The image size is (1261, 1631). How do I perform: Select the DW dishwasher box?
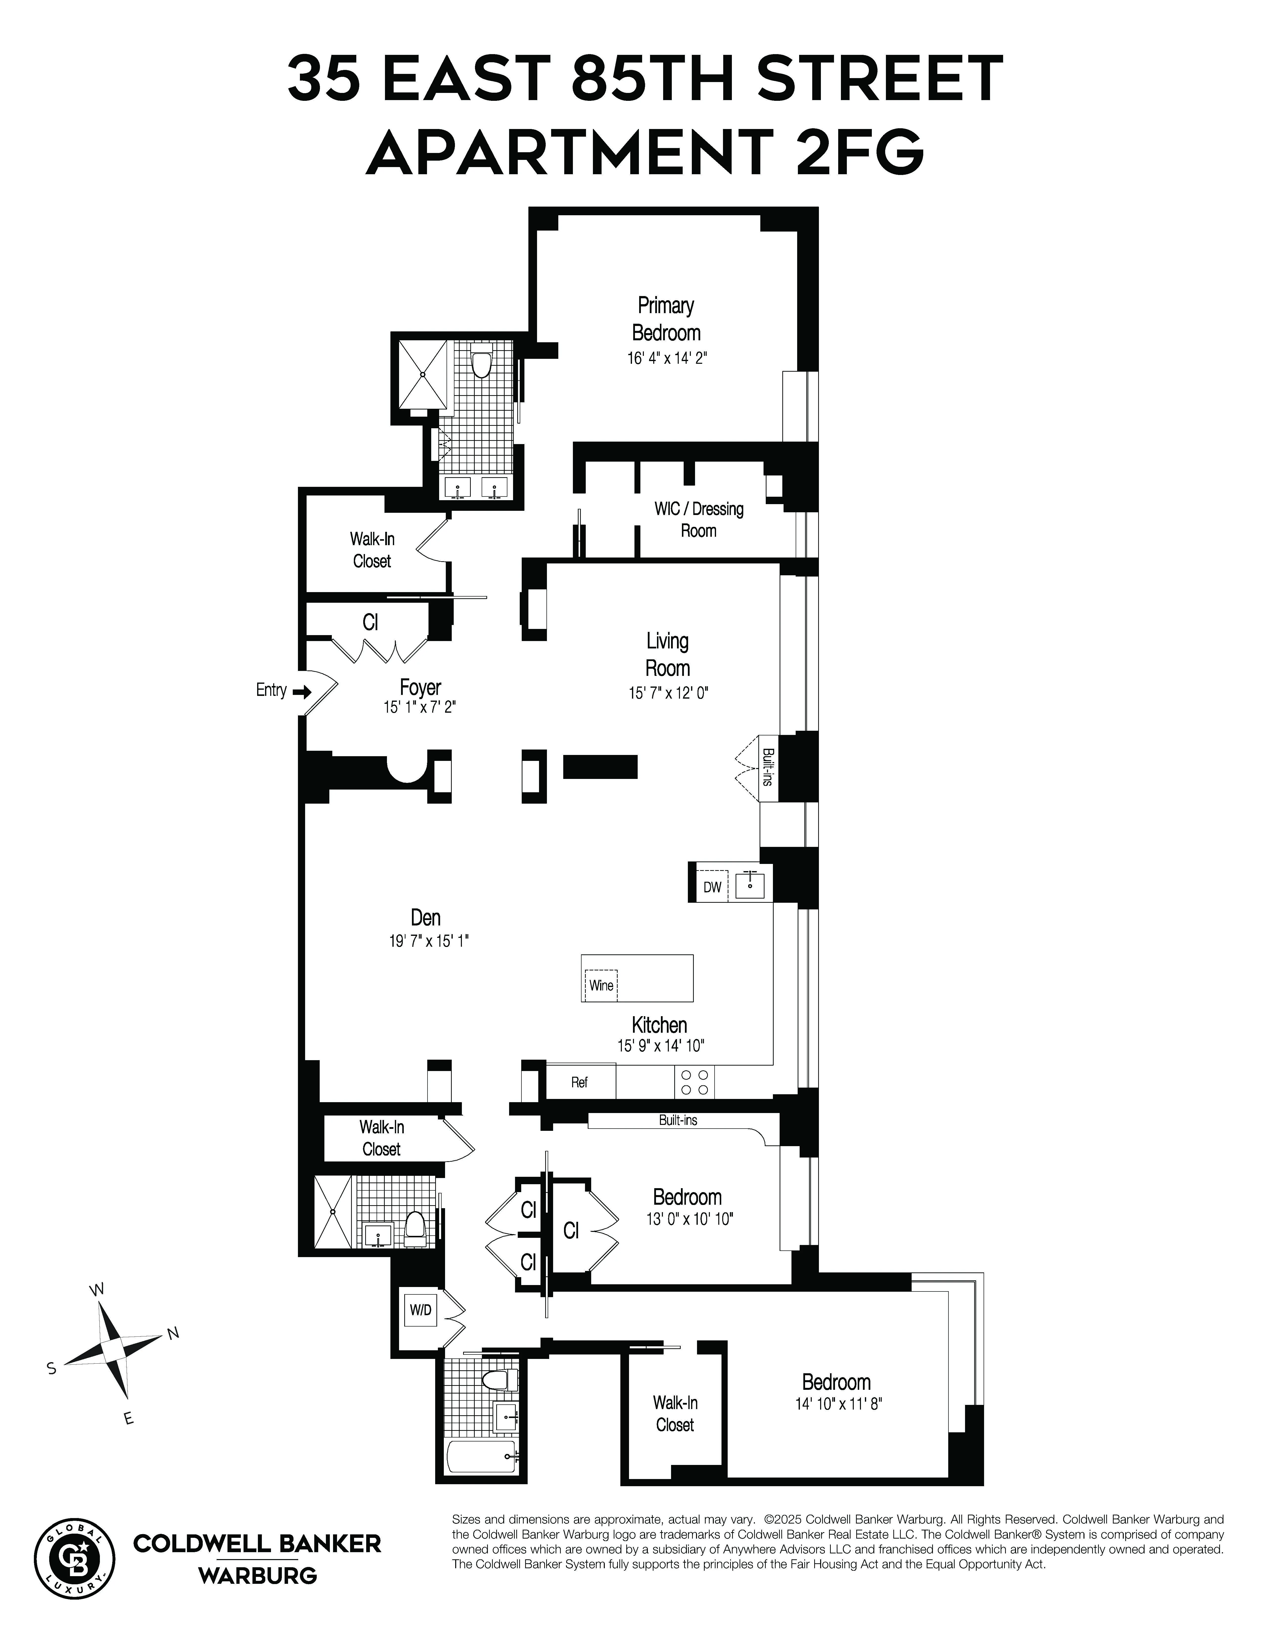[x=712, y=886]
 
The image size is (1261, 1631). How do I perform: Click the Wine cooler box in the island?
[x=601, y=985]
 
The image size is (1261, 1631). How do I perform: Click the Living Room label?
[x=667, y=654]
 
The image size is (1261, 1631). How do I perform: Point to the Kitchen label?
[x=659, y=1025]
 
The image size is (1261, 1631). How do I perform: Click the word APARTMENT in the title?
[x=568, y=151]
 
